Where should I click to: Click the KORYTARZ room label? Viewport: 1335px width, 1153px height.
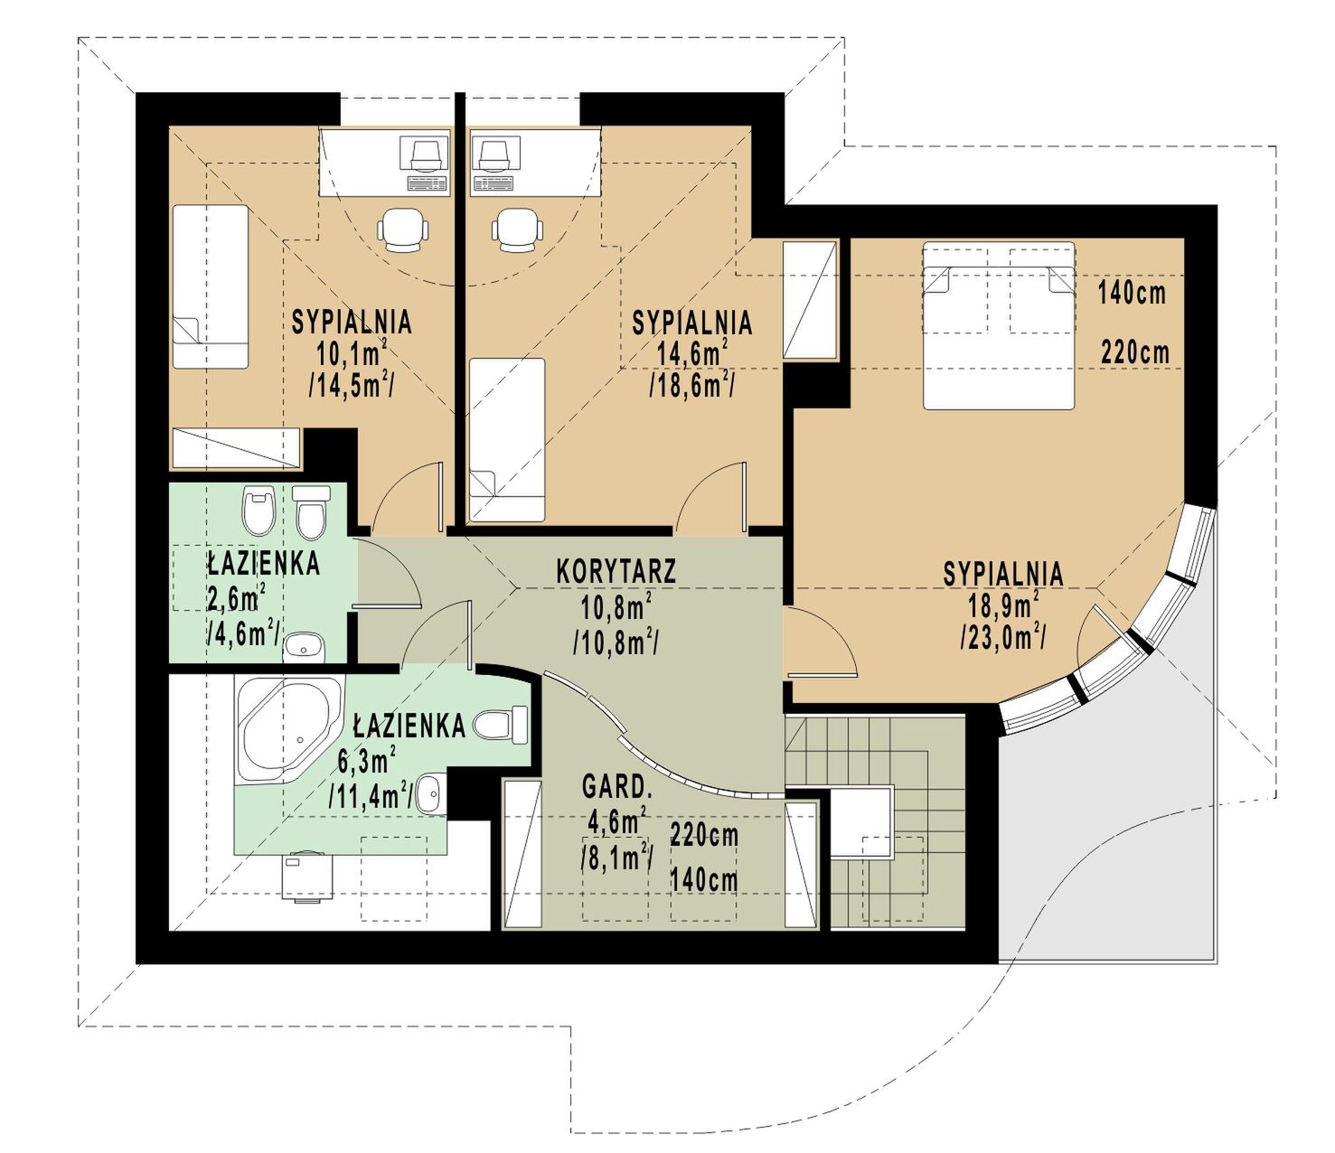pyautogui.click(x=616, y=571)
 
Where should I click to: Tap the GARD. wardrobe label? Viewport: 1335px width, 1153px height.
pyautogui.click(x=616, y=787)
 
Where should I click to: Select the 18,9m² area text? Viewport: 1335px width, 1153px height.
pyautogui.click(x=1002, y=606)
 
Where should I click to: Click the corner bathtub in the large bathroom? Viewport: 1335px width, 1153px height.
pyautogui.click(x=289, y=729)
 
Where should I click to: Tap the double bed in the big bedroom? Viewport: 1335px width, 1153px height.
pyautogui.click(x=999, y=325)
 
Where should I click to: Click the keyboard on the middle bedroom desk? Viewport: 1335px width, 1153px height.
pyautogui.click(x=494, y=183)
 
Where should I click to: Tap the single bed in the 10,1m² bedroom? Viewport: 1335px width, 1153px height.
pyautogui.click(x=211, y=286)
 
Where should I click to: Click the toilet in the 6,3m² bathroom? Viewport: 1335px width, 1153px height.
pyautogui.click(x=501, y=725)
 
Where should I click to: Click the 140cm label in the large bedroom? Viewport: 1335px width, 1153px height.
pyautogui.click(x=1133, y=294)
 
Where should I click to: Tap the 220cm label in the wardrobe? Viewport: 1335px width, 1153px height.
pyautogui.click(x=704, y=835)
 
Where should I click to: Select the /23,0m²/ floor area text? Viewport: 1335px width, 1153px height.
pyautogui.click(x=1003, y=637)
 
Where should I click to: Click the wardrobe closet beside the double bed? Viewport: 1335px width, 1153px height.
pyautogui.click(x=811, y=300)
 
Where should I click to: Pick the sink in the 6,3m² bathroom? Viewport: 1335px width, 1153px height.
pyautogui.click(x=430, y=792)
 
